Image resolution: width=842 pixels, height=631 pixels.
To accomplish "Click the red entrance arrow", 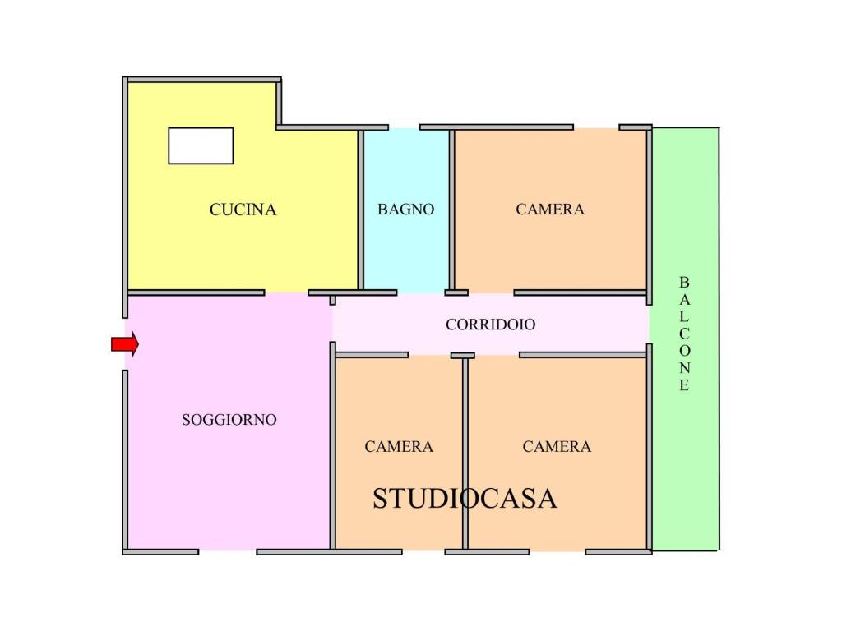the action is coord(125,344).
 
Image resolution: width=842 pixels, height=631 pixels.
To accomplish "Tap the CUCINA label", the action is coord(243,210).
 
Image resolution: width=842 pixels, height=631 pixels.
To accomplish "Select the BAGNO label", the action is coord(405,210).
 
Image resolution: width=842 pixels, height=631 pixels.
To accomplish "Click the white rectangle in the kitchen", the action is coord(201,145).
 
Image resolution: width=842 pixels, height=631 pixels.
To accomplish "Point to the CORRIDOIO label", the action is coord(490,325).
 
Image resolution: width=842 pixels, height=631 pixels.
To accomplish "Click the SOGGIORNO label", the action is coord(229,420).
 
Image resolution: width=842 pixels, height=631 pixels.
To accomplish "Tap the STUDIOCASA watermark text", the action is coord(465,499).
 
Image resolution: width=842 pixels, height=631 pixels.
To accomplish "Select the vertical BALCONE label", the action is coord(684,334).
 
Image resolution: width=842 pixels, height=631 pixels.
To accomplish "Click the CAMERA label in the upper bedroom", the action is coord(550,210).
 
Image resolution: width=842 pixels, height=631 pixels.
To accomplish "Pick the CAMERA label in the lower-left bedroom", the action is coord(399,446).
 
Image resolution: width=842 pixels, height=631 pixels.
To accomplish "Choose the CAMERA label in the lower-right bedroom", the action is coord(557,446).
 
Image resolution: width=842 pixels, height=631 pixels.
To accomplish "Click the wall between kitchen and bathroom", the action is coord(361,210).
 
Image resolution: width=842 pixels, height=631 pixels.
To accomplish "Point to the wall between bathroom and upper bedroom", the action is coord(452,210).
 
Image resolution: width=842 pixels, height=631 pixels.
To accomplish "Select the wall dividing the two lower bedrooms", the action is coord(465,454).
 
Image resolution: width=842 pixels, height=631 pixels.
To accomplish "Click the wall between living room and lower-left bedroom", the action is coord(332,446).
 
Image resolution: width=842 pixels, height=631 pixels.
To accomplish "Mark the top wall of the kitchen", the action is coord(202,80).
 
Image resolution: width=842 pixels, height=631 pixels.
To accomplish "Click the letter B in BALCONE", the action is coord(684,282).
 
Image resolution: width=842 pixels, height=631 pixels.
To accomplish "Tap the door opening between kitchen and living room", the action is coord(286,293).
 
